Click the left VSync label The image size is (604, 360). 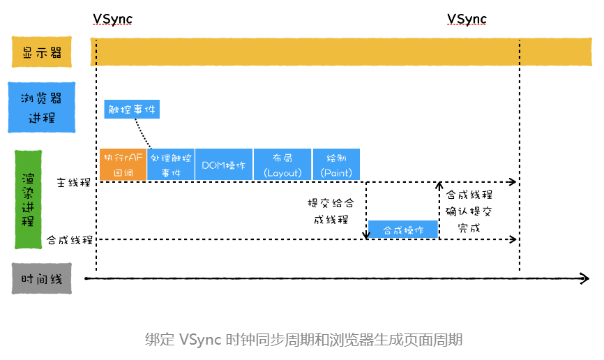112,19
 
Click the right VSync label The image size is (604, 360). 467,19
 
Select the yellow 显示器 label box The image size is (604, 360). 42,52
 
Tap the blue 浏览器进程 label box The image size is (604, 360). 42,107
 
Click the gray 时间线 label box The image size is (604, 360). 42,279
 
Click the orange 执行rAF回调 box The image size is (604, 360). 123,165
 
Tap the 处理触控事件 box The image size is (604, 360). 170,165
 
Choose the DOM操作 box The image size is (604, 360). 223,165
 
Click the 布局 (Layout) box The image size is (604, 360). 282,165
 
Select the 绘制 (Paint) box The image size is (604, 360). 337,165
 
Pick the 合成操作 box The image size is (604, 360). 402,230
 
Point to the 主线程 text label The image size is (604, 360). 74,183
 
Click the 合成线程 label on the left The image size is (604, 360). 70,240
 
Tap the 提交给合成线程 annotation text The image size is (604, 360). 331,211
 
